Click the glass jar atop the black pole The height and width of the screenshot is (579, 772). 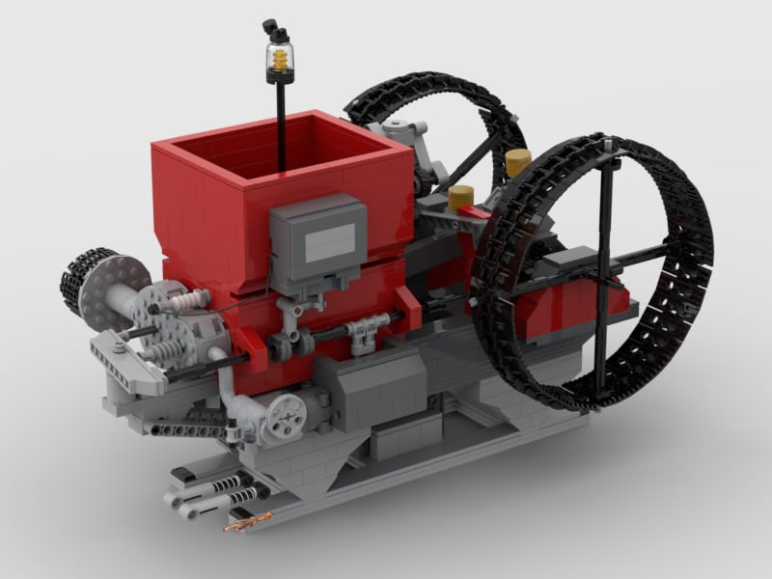pos(281,61)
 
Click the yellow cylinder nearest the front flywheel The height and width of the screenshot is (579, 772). pos(461,198)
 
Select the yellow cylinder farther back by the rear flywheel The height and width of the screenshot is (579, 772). pos(518,162)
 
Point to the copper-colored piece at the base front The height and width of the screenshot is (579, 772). pos(243,524)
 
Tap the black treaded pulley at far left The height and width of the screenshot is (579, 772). pos(75,280)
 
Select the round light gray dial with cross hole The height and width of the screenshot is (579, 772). pos(286,416)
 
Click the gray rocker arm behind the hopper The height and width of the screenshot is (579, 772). pos(405,130)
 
